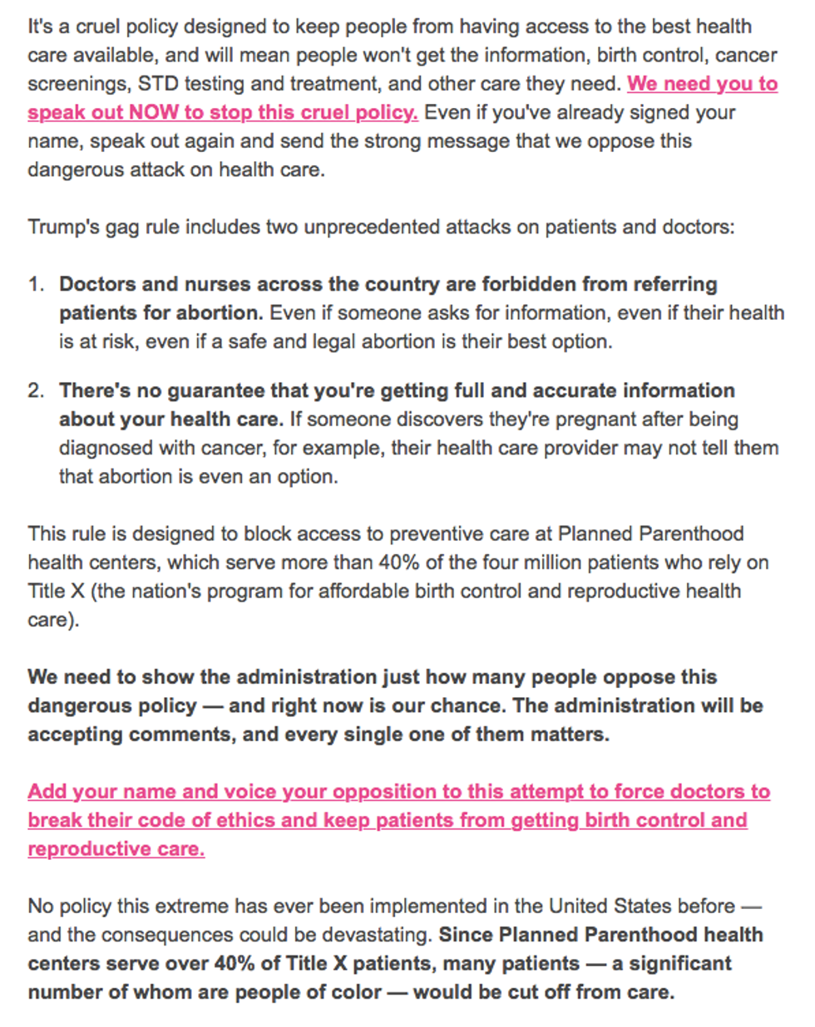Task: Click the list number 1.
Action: point(35,284)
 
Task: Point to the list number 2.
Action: point(35,391)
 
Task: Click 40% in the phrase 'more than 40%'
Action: point(398,563)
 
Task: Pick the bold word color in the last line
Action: point(354,992)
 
